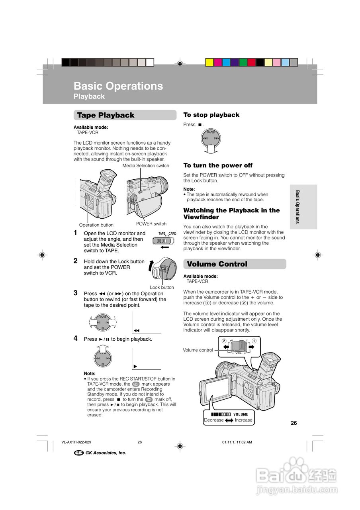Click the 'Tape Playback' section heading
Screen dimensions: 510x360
[x=106, y=115]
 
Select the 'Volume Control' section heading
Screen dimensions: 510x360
[x=217, y=264]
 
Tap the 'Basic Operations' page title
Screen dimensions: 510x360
[x=118, y=86]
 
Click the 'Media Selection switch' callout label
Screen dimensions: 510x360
[x=146, y=166]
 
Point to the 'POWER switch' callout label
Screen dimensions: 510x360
[x=151, y=224]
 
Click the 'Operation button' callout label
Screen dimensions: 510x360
[x=96, y=225]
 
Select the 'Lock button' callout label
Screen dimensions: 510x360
[x=162, y=287]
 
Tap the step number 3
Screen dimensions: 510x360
[x=75, y=293]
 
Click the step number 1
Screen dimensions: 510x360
[x=75, y=233]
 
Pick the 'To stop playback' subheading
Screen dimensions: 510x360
[x=211, y=115]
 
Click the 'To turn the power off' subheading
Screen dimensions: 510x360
[x=218, y=165]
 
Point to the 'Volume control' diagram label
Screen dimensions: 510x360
[x=198, y=350]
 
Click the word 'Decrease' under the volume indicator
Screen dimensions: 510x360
[x=214, y=420]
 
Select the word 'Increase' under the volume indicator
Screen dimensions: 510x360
[x=244, y=420]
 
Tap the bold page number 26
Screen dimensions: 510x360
[x=294, y=423]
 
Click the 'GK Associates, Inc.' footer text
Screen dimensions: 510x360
[x=106, y=453]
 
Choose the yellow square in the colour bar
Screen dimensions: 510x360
[x=209, y=62]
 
